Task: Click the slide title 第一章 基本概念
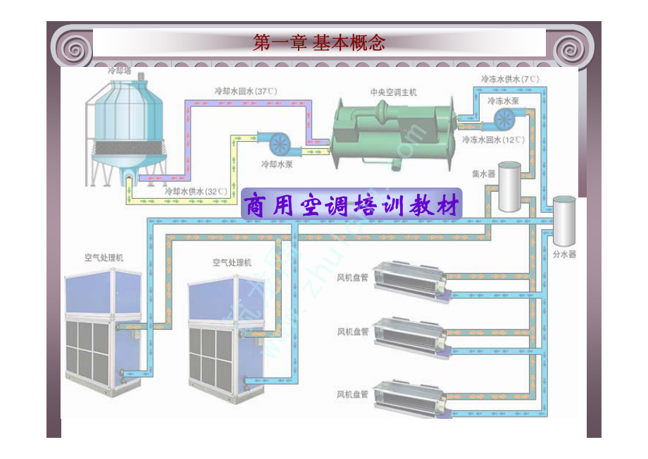click(x=319, y=43)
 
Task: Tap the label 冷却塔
click(x=120, y=71)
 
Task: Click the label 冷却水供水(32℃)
click(x=196, y=191)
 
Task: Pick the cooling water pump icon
click(x=278, y=143)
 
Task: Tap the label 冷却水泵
click(x=277, y=164)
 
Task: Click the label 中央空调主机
click(x=394, y=92)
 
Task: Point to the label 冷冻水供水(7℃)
click(x=510, y=79)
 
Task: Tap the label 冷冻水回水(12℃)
click(x=493, y=140)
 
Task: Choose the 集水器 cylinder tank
click(x=509, y=187)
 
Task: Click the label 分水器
click(x=565, y=254)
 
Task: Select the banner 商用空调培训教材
click(x=351, y=206)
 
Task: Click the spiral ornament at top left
click(x=72, y=49)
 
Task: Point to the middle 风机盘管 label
click(x=353, y=331)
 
